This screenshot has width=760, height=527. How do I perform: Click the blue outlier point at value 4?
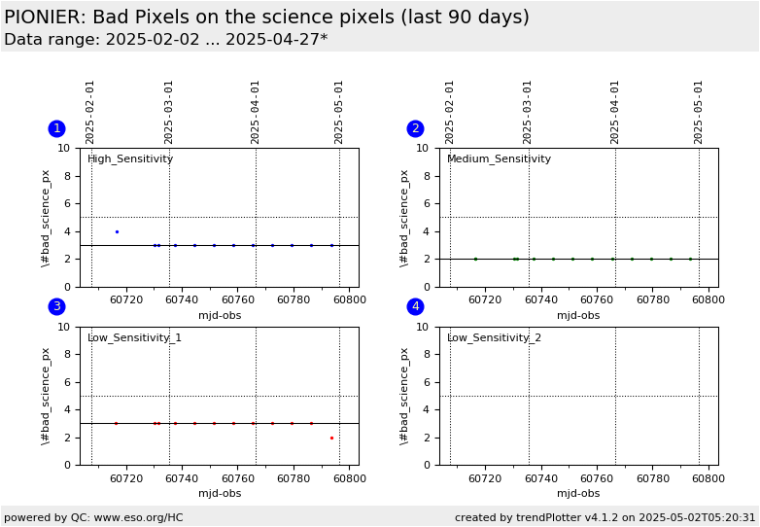coord(117,231)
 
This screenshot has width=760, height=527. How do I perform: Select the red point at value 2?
coord(331,438)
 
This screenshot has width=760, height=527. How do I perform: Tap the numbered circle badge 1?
coord(57,128)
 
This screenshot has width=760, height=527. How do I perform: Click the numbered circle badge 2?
coord(415,128)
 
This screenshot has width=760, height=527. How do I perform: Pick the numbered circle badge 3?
coord(57,306)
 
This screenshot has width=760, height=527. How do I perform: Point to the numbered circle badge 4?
coord(415,306)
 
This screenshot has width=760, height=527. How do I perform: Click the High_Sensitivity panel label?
coord(130,159)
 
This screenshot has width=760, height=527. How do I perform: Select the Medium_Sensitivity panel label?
coord(499,159)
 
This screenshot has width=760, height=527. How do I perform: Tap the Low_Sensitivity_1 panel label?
coord(134,337)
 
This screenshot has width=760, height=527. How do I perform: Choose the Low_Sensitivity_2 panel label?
coord(494,337)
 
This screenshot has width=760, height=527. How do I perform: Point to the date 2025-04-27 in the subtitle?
coord(271,39)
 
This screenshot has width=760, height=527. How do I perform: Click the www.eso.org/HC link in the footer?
coord(139,517)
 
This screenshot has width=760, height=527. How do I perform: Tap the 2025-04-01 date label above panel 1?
coord(255,113)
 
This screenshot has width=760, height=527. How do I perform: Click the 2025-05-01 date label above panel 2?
coord(698,113)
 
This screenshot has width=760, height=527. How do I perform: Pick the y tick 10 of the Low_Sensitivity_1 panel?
coord(64,327)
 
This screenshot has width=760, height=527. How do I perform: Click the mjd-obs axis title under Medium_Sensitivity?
coord(578,316)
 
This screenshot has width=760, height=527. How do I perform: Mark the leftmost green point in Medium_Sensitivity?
coord(475,259)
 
